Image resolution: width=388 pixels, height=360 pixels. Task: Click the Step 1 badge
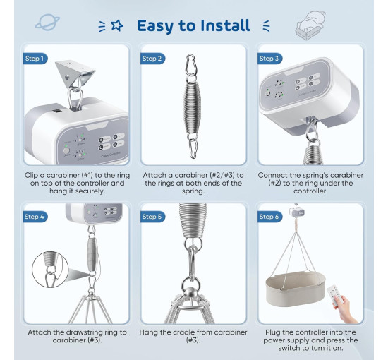35,59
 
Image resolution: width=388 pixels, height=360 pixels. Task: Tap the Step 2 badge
152,59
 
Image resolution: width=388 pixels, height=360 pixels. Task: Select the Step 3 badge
269,59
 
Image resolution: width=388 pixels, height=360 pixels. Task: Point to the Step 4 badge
35,217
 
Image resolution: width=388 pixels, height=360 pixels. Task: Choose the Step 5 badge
152,217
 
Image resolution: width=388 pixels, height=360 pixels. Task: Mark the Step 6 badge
269,217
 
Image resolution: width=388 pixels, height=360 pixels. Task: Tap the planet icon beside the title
47,23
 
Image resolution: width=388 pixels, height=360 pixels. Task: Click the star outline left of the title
117,25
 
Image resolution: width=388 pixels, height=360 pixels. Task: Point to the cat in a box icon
310,25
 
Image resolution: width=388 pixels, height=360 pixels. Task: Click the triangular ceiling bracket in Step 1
74,72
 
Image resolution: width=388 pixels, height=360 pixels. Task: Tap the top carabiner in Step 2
191,65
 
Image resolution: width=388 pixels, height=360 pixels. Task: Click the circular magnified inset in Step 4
50,270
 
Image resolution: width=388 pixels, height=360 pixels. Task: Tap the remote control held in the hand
334,295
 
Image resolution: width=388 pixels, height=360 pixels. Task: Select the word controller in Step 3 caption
310,191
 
